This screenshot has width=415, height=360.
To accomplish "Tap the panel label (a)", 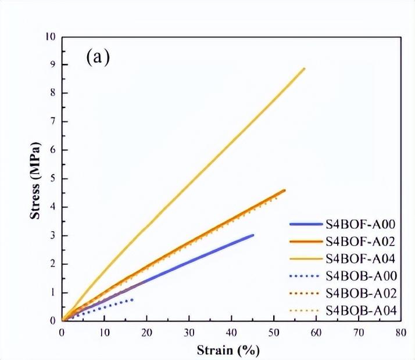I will click(x=97, y=57).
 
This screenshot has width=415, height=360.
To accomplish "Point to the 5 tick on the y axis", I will click(x=53, y=178).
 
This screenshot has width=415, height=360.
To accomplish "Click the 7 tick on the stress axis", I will click(x=53, y=121).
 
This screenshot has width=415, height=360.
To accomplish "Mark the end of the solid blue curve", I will click(x=253, y=235).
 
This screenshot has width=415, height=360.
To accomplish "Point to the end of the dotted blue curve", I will click(x=133, y=300).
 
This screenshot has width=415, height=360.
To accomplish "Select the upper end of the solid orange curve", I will click(x=284, y=190).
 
